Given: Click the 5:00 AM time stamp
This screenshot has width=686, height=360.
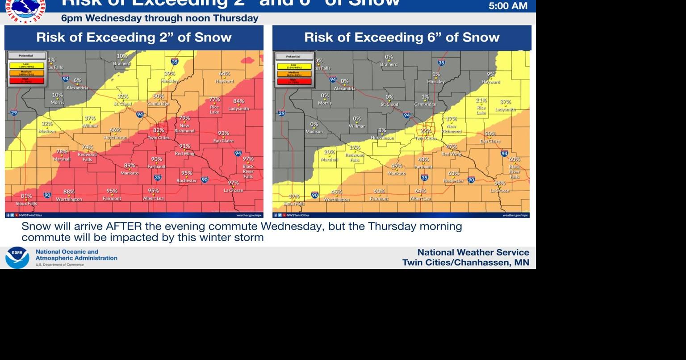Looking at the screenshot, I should point(508,6).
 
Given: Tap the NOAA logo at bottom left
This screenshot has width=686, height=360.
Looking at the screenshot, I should point(17,258).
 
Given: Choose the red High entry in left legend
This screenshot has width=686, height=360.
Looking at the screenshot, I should point(27,81).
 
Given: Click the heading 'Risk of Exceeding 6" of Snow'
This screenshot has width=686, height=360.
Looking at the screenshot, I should point(402,38).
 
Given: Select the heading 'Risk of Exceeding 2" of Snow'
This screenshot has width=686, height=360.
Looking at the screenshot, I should point(134,38).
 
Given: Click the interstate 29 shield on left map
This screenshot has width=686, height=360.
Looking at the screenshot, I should point(14,113).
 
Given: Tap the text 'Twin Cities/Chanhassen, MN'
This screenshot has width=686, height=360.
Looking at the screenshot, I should point(465,263).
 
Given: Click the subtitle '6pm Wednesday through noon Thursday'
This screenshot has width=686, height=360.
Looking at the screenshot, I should point(159,18).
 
